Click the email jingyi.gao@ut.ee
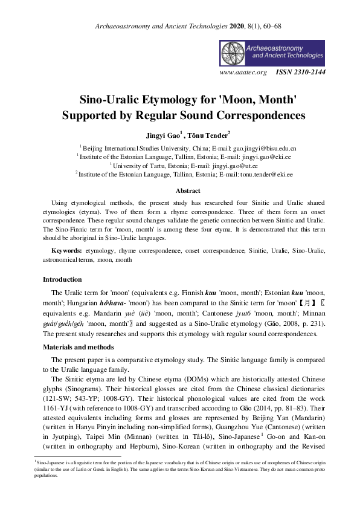tap(216, 165)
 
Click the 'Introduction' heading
tap(62, 280)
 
